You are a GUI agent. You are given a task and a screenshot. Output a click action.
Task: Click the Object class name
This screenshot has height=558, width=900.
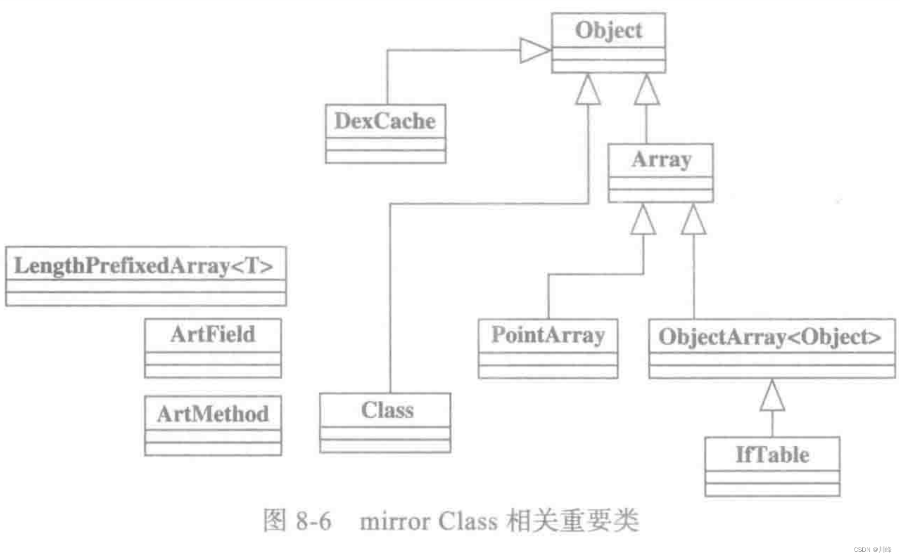pos(608,30)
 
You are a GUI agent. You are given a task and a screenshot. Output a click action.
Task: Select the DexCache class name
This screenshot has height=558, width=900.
pos(385,121)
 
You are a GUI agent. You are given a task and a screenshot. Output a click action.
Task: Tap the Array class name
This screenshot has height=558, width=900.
pos(661,160)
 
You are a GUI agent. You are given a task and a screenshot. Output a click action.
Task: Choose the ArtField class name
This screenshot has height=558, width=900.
pos(213,334)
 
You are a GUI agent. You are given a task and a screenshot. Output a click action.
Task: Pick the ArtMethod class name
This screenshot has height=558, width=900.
pos(213,414)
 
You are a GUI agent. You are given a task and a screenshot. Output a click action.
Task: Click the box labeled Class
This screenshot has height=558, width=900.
pos(387,411)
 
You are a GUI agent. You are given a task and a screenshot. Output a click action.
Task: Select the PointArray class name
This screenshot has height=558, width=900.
pos(548,335)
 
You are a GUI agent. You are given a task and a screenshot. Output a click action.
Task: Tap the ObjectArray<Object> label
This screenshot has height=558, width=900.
pos(770,337)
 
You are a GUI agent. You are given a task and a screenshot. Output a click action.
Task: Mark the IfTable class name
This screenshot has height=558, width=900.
pos(772,454)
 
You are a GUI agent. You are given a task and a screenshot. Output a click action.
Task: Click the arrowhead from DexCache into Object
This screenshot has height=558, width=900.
pos(534,50)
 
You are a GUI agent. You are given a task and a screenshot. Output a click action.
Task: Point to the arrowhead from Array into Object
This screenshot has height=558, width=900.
pos(646,90)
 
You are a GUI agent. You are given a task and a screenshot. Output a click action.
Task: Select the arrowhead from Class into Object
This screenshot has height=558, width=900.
pos(587,90)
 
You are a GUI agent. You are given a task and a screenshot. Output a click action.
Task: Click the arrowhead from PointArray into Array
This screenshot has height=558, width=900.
pos(643,220)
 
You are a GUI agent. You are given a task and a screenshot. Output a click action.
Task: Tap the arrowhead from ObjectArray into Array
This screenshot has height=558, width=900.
pos(693,220)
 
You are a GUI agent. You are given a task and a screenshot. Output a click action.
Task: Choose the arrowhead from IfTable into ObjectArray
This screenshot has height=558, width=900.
pos(772,396)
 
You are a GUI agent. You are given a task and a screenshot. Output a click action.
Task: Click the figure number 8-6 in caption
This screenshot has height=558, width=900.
pos(313,521)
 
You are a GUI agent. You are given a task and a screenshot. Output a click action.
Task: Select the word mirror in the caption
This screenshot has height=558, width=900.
pos(394,521)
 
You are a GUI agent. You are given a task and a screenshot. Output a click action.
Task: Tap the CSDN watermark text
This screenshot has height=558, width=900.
pos(872,550)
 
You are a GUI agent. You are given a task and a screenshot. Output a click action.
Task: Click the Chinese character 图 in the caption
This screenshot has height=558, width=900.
pos(275,520)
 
